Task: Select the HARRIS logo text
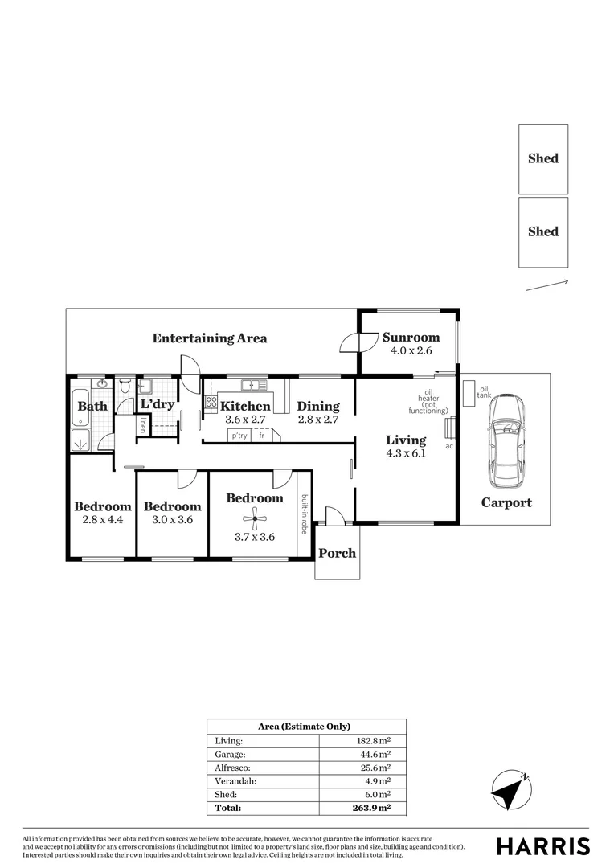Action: tap(543, 845)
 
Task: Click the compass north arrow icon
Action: tap(510, 790)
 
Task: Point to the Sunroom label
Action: tap(411, 338)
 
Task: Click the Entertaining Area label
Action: tap(210, 338)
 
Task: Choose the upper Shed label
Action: tap(543, 158)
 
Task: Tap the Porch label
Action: tap(338, 553)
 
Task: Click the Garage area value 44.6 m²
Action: tap(375, 754)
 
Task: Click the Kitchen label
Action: tap(246, 406)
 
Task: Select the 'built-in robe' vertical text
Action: tap(305, 514)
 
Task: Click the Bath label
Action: tap(92, 406)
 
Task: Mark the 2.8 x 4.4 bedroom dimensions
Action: tap(102, 520)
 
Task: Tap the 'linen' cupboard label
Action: tap(142, 425)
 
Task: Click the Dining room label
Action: tap(318, 406)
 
